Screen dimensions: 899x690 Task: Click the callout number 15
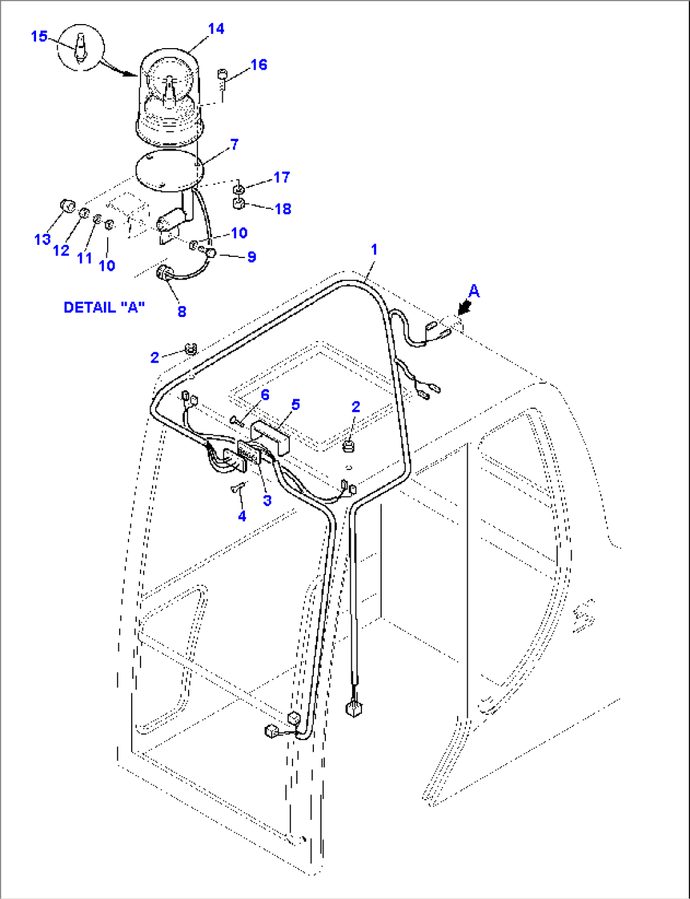pyautogui.click(x=39, y=36)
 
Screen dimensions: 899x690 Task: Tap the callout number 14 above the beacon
pyautogui.click(x=216, y=28)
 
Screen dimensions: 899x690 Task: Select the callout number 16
pyautogui.click(x=259, y=65)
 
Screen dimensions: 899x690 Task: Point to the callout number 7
pyautogui.click(x=234, y=144)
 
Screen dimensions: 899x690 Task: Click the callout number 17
pyautogui.click(x=282, y=177)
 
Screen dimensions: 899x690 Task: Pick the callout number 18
pyautogui.click(x=283, y=209)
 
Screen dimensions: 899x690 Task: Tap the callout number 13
pyautogui.click(x=42, y=239)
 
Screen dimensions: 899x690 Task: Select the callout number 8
pyautogui.click(x=182, y=311)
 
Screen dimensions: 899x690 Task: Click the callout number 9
pyautogui.click(x=251, y=257)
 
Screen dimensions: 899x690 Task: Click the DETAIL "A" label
pyautogui.click(x=104, y=307)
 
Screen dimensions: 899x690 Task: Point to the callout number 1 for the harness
pyautogui.click(x=374, y=249)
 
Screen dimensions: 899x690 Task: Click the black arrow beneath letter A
pyautogui.click(x=464, y=308)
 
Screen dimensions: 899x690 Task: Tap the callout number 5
pyautogui.click(x=295, y=404)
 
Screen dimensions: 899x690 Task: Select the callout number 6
pyautogui.click(x=265, y=395)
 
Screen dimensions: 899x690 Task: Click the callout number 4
pyautogui.click(x=242, y=516)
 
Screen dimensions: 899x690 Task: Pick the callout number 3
pyautogui.click(x=267, y=500)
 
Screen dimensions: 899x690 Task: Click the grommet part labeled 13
pyautogui.click(x=66, y=205)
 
